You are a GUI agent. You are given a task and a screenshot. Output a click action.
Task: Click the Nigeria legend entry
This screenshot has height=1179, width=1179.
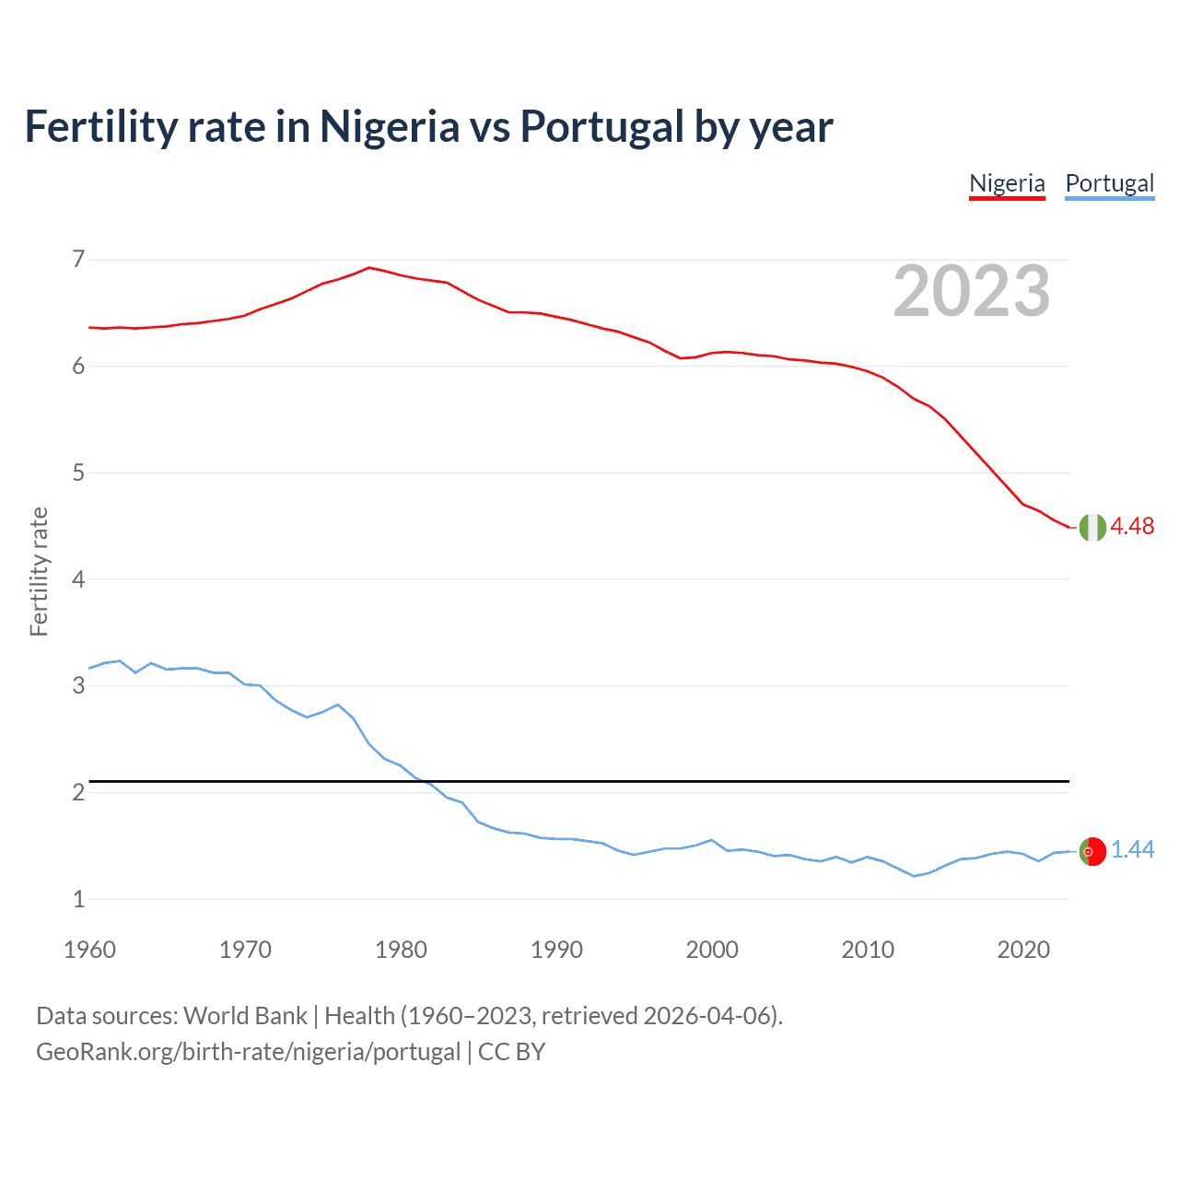[1007, 183]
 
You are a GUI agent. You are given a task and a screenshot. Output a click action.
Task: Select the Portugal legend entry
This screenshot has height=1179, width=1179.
[1109, 183]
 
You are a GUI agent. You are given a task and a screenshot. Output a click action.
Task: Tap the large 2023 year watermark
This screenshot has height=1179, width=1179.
[971, 291]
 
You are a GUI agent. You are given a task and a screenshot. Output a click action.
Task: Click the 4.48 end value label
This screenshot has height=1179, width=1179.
[1132, 526]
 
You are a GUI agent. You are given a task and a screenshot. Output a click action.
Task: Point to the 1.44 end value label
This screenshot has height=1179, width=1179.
[1132, 849]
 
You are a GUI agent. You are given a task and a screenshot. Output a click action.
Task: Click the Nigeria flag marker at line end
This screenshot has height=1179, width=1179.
[1092, 527]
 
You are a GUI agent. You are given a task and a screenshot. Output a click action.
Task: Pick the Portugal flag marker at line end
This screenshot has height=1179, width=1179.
[1092, 851]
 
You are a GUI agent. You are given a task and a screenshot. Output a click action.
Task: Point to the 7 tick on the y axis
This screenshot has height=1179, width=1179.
[78, 259]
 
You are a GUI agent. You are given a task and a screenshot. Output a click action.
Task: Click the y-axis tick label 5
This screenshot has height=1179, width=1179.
[78, 473]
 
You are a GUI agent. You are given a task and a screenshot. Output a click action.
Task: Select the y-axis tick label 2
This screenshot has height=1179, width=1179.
[78, 792]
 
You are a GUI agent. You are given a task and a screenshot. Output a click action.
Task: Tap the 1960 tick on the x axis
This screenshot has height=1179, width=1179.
[89, 950]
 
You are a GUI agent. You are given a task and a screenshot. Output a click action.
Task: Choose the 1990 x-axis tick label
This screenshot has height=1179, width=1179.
[556, 950]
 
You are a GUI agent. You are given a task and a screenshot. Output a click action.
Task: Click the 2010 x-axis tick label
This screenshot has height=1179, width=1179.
[868, 950]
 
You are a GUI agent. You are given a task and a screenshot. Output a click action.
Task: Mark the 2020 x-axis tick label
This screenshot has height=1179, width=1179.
[1023, 950]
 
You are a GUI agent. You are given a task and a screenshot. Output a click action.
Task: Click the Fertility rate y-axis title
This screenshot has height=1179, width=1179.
[39, 571]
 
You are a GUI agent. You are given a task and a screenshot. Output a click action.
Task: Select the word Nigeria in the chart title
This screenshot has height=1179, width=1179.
[389, 127]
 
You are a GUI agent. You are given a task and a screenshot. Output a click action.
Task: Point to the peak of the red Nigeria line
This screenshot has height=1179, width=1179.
[369, 267]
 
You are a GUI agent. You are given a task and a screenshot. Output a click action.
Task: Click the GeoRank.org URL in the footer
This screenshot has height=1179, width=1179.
[248, 1052]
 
